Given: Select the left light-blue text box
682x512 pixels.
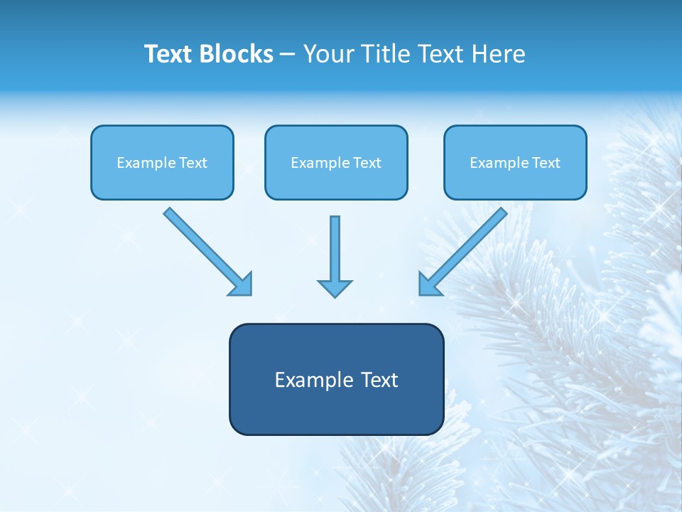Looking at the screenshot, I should tap(162, 162).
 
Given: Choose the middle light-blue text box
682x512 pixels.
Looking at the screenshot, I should tap(336, 162).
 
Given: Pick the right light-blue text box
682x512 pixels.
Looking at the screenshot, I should tap(515, 162).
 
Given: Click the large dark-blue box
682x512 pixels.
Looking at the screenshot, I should tap(336, 379).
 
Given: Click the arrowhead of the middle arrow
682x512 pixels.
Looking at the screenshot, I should tap(335, 288).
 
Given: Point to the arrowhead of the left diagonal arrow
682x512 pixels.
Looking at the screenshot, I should tap(242, 284).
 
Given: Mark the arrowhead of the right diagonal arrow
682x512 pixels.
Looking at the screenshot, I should tap(430, 284).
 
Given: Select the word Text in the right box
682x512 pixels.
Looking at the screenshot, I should tap(546, 163).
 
